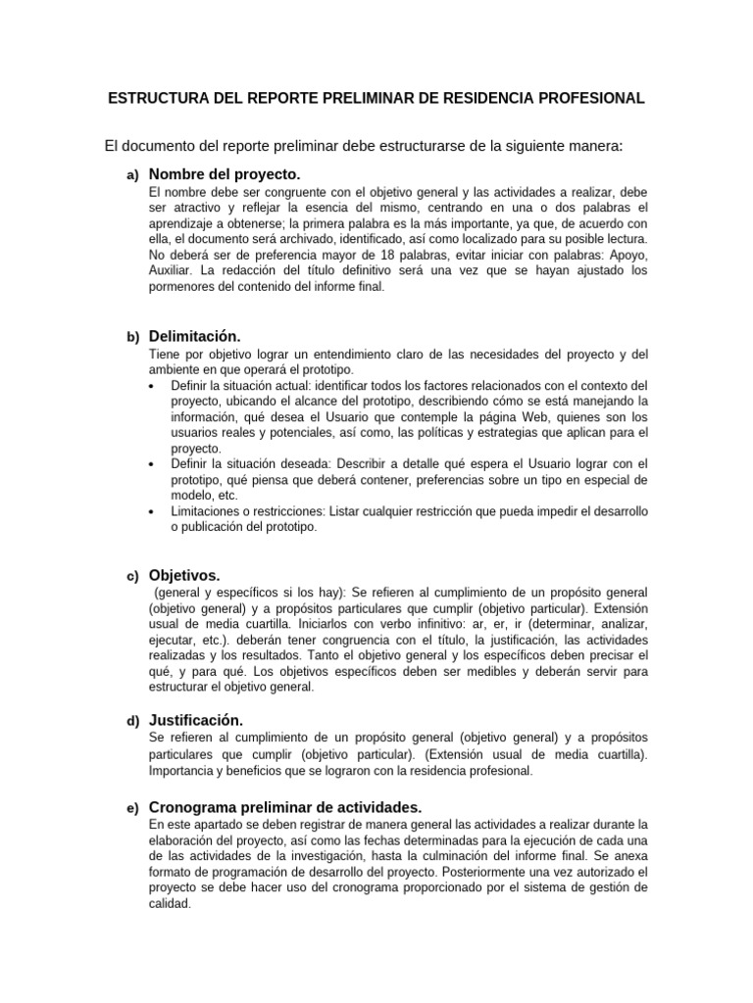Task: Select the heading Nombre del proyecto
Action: pos(224,174)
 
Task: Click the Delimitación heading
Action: pos(194,336)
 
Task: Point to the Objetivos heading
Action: pos(184,575)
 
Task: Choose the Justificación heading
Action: pos(195,720)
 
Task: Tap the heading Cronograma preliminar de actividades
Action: pos(285,807)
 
